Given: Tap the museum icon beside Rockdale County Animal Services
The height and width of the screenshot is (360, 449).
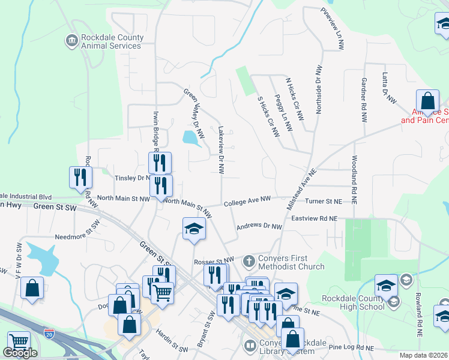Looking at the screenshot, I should tap(71, 41).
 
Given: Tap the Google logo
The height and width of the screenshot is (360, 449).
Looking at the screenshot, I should tap(20, 353).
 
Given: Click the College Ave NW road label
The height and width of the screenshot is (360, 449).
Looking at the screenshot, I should tap(248, 203).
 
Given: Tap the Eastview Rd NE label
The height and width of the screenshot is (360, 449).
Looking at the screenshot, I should tap(315, 220).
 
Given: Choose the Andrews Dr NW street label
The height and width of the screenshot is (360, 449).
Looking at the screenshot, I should tap(259, 226).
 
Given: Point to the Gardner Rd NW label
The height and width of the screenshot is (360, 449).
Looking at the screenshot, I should tap(364, 100).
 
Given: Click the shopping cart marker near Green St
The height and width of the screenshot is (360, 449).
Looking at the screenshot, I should tap(161, 293).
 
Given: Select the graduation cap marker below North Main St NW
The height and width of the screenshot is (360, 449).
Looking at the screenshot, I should tap(194, 229).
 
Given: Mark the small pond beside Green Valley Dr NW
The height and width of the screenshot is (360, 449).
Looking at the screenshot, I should tap(191, 138).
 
